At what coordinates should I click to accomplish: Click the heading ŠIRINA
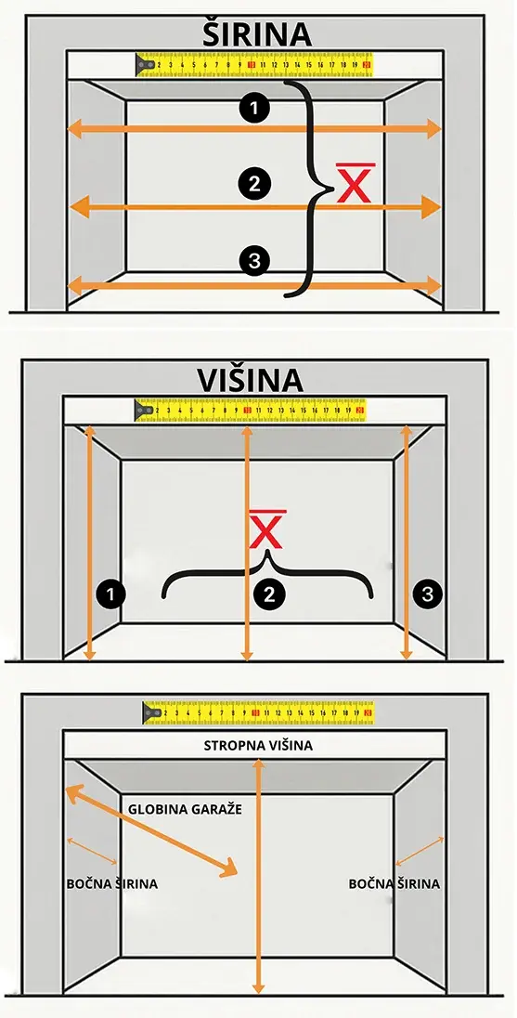pyautogui.click(x=258, y=34)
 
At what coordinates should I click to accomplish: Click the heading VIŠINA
pyautogui.click(x=250, y=381)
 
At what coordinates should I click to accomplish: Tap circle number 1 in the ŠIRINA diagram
pyautogui.click(x=253, y=109)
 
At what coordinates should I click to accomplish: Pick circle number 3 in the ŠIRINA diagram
pyautogui.click(x=253, y=261)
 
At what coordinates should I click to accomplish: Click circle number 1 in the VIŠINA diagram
pyautogui.click(x=112, y=592)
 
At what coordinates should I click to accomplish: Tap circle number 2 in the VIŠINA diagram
pyautogui.click(x=268, y=593)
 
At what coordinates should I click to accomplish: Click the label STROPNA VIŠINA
pyautogui.click(x=258, y=746)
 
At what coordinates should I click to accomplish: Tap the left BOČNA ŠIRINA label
pyautogui.click(x=111, y=883)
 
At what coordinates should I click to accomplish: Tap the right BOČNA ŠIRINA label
pyautogui.click(x=394, y=883)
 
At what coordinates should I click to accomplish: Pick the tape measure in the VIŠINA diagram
pyautogui.click(x=251, y=409)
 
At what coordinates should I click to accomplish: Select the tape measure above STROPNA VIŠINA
pyautogui.click(x=259, y=713)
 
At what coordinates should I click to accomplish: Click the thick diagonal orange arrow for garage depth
pyautogui.click(x=149, y=830)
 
